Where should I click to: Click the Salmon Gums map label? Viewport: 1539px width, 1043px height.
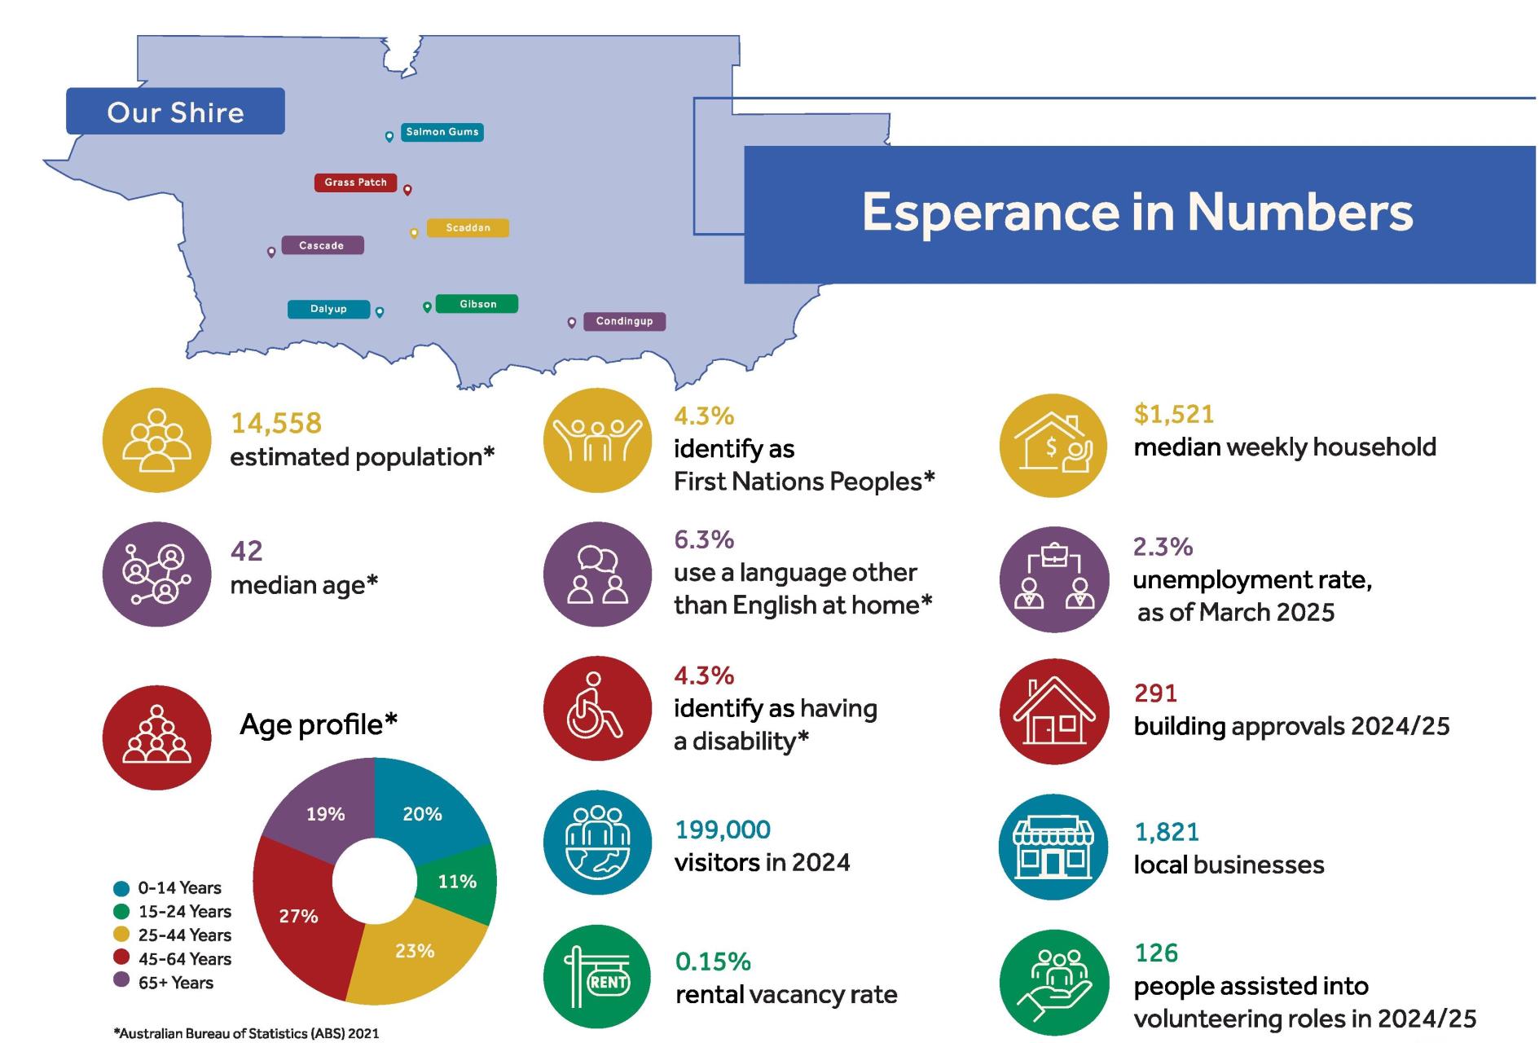pyautogui.click(x=442, y=132)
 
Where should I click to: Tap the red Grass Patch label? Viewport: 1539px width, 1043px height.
pyautogui.click(x=355, y=183)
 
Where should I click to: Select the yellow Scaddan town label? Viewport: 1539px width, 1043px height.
pyautogui.click(x=468, y=228)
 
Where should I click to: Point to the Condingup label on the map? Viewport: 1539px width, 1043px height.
pyautogui.click(x=624, y=321)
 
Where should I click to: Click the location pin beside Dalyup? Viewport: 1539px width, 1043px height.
pyautogui.click(x=380, y=311)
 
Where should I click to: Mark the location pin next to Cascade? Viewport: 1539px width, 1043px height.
pyautogui.click(x=271, y=252)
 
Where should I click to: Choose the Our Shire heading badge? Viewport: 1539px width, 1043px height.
pyautogui.click(x=175, y=112)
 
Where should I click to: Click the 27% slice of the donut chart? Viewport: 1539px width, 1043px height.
pyautogui.click(x=298, y=916)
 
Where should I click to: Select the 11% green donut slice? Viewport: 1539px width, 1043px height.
pyautogui.click(x=457, y=882)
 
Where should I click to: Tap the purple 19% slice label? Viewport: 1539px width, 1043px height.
pyautogui.click(x=325, y=814)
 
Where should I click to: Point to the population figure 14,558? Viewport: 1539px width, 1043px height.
pyautogui.click(x=276, y=423)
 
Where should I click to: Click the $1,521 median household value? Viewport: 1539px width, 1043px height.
pyautogui.click(x=1173, y=414)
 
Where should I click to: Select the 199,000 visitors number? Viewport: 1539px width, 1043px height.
pyautogui.click(x=723, y=830)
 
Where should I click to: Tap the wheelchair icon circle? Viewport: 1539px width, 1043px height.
pyautogui.click(x=597, y=708)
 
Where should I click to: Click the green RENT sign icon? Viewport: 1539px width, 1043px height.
pyautogui.click(x=597, y=976)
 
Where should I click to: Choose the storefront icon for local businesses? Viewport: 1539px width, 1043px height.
pyautogui.click(x=1053, y=847)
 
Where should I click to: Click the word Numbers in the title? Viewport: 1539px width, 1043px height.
pyautogui.click(x=1299, y=212)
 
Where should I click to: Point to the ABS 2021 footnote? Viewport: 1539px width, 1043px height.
pyautogui.click(x=246, y=1033)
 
